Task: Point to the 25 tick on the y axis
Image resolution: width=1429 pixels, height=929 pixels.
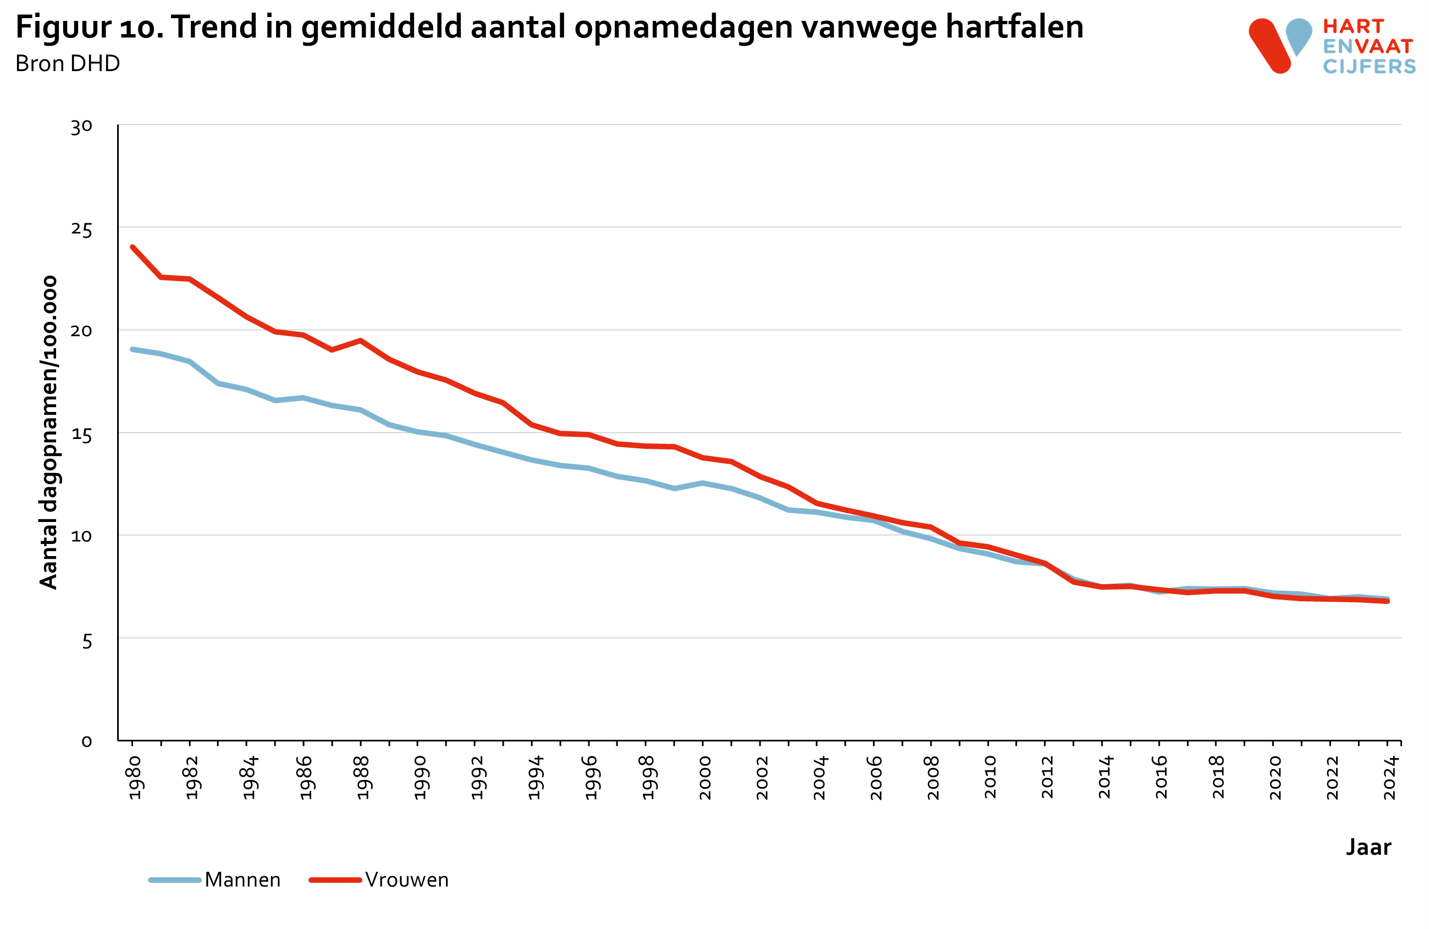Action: [82, 229]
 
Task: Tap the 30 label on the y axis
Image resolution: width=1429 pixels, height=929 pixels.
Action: [82, 127]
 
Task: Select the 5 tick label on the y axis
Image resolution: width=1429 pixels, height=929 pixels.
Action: [87, 641]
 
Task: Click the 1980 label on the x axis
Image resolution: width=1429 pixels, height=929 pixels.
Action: [135, 778]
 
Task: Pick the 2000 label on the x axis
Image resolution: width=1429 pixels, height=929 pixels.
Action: [705, 778]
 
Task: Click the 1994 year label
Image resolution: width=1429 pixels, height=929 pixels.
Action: [534, 778]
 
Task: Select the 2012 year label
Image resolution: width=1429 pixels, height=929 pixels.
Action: [1047, 778]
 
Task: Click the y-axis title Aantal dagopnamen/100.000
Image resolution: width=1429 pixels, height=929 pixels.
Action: [48, 432]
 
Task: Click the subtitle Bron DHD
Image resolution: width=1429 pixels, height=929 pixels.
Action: [67, 64]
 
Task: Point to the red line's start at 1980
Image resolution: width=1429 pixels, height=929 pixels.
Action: [133, 248]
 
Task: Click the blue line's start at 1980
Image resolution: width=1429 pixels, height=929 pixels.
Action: [133, 349]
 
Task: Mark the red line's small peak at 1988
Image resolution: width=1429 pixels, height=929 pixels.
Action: [360, 340]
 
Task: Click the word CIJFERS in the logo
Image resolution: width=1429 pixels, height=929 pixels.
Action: [1369, 66]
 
